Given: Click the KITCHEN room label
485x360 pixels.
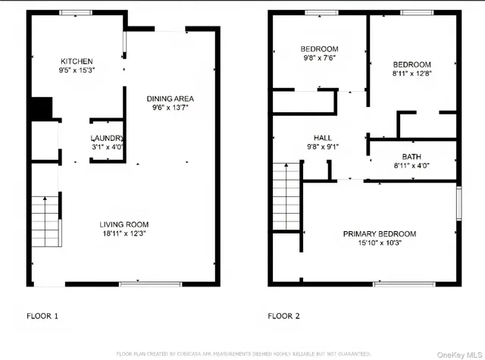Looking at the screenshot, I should point(77,61).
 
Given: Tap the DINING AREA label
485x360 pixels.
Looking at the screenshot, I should point(170,98).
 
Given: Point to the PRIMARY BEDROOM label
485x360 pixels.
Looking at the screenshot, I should point(380,233).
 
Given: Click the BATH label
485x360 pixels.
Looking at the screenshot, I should point(411,156).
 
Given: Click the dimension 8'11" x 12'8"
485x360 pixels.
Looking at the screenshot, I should point(412,74).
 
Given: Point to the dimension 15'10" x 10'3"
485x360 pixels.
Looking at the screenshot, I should point(380,243).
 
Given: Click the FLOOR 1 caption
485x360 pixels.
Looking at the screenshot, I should point(42,315).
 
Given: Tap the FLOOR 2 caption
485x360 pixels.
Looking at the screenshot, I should point(284,315).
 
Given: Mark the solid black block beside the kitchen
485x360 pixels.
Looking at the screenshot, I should point(39,109).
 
